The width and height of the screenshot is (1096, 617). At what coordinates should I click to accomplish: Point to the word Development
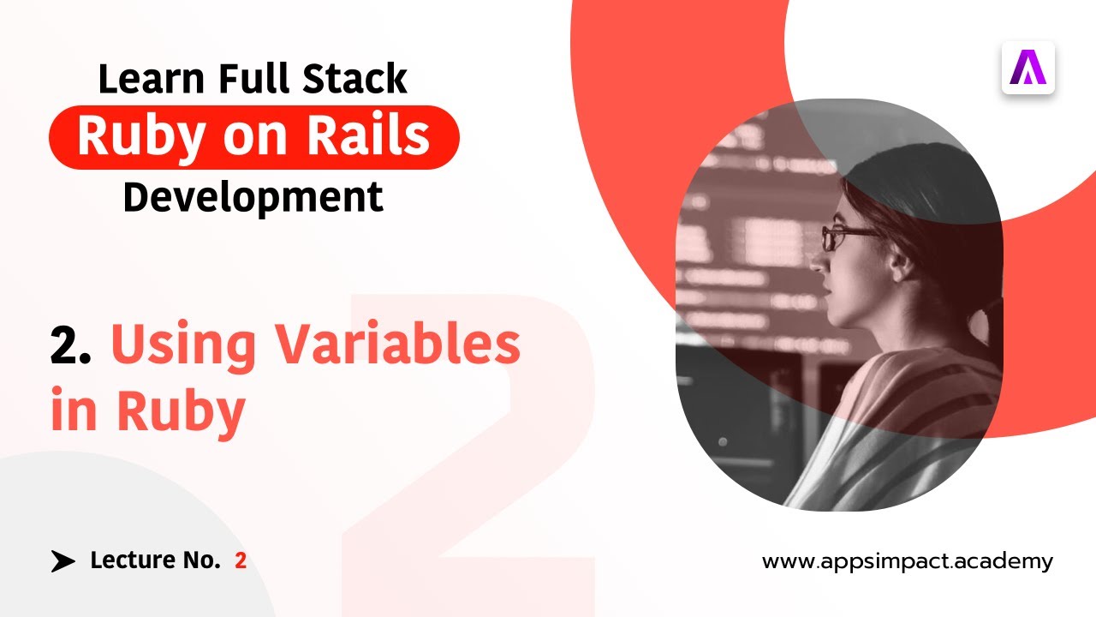pyautogui.click(x=253, y=197)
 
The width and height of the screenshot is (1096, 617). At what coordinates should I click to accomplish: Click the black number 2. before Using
pyautogui.click(x=70, y=345)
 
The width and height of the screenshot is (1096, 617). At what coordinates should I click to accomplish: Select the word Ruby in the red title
pyautogui.click(x=181, y=412)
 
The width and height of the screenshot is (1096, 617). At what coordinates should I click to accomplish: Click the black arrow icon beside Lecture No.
pyautogui.click(x=63, y=561)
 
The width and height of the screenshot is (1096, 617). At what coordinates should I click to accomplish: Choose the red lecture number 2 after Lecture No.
pyautogui.click(x=241, y=561)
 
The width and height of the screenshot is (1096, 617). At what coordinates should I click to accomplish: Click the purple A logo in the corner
pyautogui.click(x=1027, y=68)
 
